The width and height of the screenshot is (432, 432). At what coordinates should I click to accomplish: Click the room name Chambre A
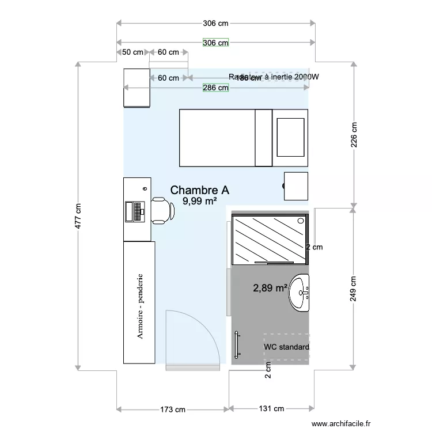[x=200, y=190]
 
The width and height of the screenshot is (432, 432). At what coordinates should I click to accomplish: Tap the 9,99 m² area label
[x=199, y=201]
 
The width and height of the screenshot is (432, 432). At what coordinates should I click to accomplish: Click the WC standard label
[x=286, y=347]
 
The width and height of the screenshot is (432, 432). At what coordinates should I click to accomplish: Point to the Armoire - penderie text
[x=139, y=306]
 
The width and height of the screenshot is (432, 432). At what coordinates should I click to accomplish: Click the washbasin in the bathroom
[x=300, y=292]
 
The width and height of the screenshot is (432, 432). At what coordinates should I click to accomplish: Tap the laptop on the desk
[x=135, y=211]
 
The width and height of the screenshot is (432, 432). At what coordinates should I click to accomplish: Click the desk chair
[x=162, y=210]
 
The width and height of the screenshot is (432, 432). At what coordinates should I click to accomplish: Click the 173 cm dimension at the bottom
[x=173, y=409]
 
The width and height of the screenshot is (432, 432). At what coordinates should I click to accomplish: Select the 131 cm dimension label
[x=271, y=409]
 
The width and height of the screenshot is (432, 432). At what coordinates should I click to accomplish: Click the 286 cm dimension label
[x=215, y=88]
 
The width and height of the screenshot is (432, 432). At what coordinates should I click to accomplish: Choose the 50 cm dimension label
[x=133, y=52]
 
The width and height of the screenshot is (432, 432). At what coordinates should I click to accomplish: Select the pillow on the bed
[x=290, y=137]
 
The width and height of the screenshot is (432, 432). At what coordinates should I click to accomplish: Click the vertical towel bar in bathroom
[x=237, y=345]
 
